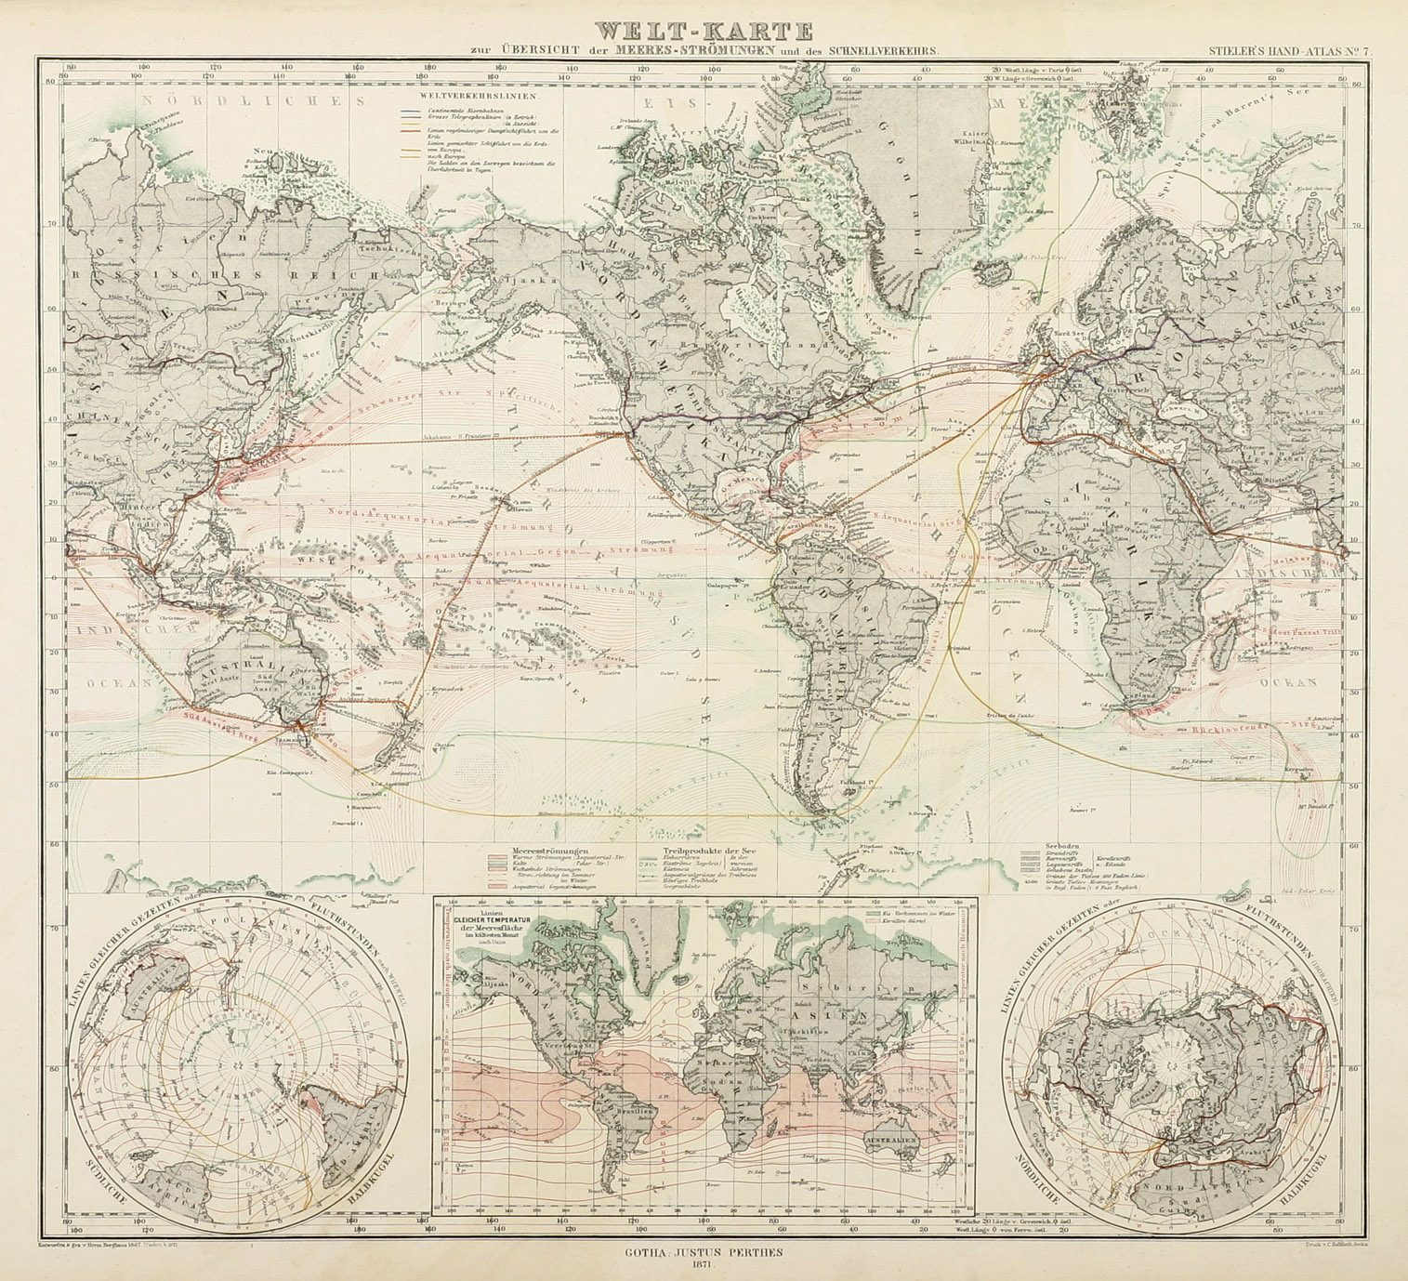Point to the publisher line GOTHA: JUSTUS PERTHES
click(704, 1251)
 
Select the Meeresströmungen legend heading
click(545, 851)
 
